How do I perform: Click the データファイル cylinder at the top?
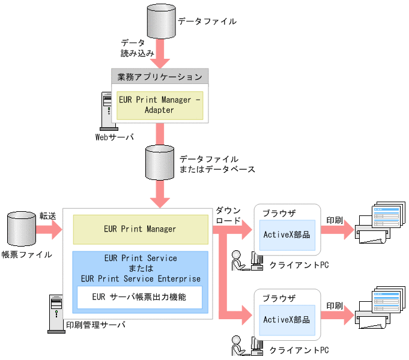tap(159, 22)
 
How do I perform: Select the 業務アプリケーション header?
tap(160, 76)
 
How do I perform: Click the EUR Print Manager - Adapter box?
tap(160, 105)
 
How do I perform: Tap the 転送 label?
tap(47, 215)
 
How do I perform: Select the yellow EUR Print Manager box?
tap(141, 229)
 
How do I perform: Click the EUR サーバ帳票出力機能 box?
tap(139, 296)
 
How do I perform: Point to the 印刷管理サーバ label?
tap(95, 325)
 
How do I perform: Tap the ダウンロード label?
tap(228, 215)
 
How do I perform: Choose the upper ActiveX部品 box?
tap(287, 235)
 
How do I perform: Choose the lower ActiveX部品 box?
tap(287, 320)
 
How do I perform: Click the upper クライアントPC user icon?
tap(248, 260)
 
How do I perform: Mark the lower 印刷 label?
tap(335, 305)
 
